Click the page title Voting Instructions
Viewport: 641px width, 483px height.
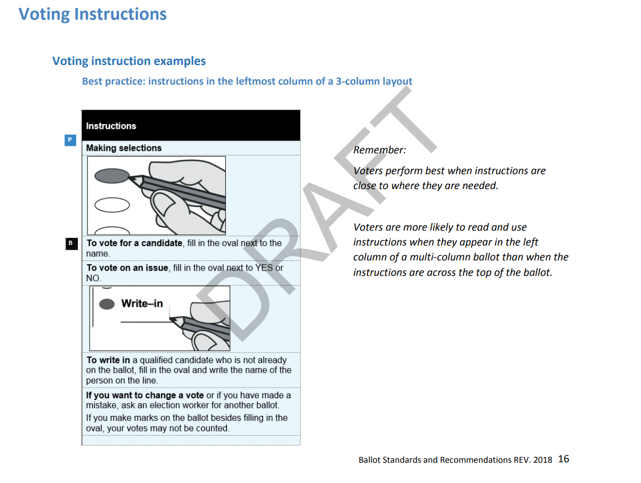point(93,14)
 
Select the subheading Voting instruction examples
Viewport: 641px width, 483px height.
point(129,61)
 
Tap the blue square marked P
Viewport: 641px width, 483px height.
point(70,140)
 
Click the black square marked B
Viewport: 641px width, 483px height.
point(70,243)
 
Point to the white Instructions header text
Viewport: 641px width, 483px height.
point(111,126)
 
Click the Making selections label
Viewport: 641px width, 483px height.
point(124,148)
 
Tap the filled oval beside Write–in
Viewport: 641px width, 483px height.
point(107,304)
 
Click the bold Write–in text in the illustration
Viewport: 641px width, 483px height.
point(142,304)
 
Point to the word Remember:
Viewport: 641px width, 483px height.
point(379,150)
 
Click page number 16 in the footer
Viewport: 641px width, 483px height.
point(563,459)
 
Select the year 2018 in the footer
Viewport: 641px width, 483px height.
point(542,460)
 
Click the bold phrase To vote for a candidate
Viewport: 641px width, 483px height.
point(134,243)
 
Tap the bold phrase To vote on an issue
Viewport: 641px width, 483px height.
point(127,268)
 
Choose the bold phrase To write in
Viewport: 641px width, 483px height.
point(108,361)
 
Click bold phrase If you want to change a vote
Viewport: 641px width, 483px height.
point(145,395)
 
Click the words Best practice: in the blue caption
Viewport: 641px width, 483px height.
point(113,81)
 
